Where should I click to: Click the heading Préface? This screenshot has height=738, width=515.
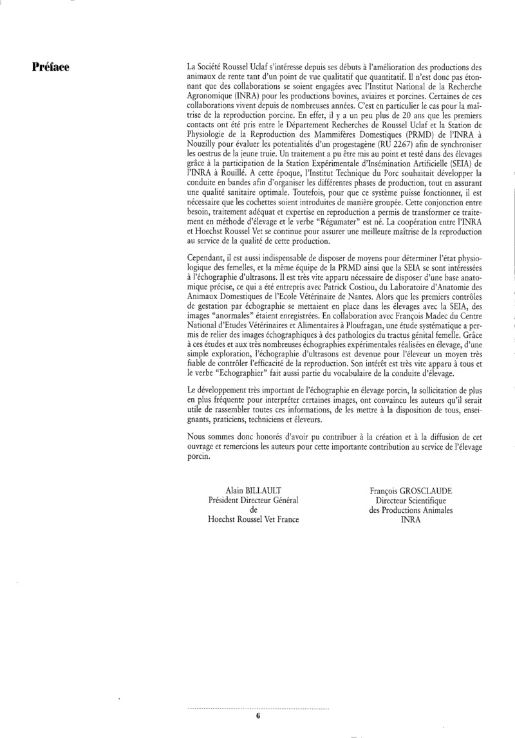tap(52, 66)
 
